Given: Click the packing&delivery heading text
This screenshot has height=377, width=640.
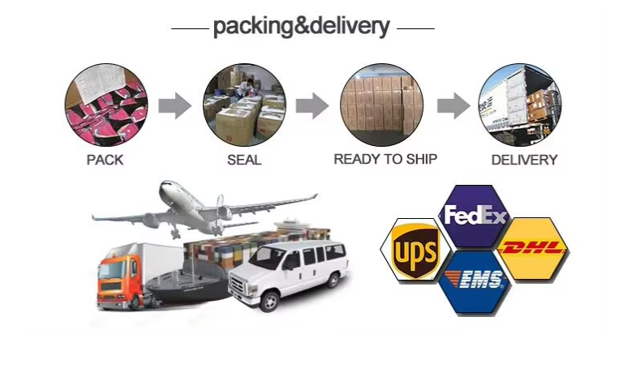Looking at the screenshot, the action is (301, 27).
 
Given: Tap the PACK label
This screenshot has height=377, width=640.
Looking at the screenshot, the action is (105, 160).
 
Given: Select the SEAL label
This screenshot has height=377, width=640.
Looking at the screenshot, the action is (244, 160).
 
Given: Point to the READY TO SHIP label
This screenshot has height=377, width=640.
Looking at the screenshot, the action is (385, 159).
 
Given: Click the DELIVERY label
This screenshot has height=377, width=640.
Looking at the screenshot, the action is (524, 160).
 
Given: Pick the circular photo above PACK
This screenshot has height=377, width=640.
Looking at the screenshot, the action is (106, 105).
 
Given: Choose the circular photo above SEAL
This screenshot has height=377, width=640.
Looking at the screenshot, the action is (244, 105).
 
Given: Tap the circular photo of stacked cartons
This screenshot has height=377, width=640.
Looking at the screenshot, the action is (381, 105).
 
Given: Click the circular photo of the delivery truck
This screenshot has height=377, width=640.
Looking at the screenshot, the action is (520, 105).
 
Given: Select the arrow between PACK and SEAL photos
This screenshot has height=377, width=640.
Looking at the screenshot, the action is (174, 106).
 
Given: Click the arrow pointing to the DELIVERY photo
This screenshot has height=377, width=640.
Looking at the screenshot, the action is (453, 106).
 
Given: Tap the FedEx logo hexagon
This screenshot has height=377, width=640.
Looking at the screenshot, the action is (475, 216).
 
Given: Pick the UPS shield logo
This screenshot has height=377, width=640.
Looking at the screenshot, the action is (415, 251).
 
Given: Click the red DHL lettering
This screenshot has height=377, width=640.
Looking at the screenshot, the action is (533, 247).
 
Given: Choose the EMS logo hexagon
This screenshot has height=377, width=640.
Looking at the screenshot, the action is (475, 281).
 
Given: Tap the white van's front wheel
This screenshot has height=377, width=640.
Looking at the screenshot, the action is (269, 301).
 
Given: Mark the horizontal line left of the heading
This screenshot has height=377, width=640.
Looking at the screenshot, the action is (190, 28).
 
